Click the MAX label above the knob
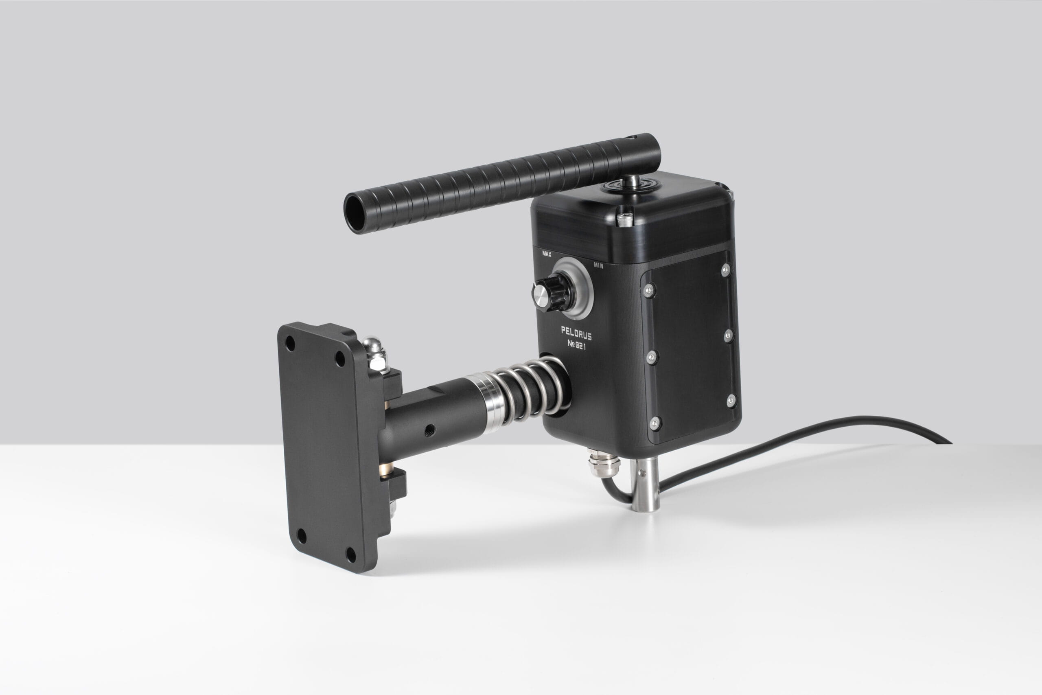click(547, 254)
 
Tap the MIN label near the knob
click(598, 266)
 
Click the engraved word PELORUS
click(576, 332)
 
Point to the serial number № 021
click(576, 345)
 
